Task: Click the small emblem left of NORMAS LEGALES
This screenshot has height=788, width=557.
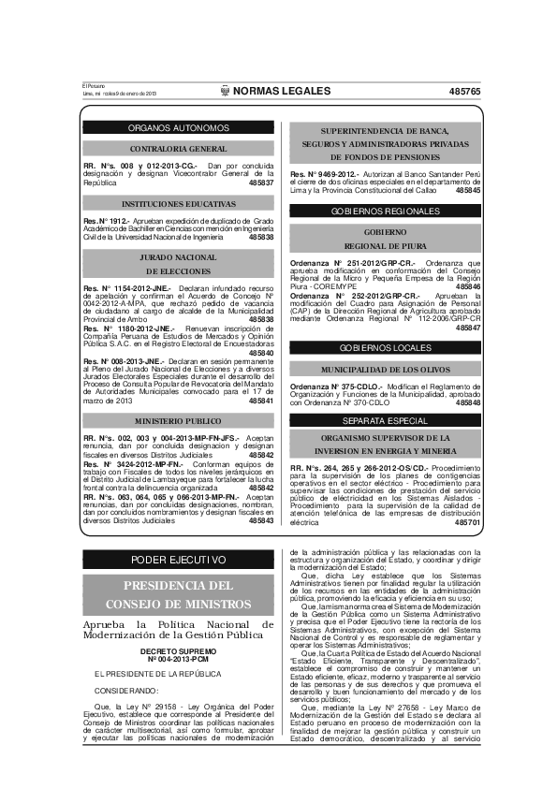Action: pos(225,91)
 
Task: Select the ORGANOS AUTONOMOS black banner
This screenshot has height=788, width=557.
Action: pos(178,127)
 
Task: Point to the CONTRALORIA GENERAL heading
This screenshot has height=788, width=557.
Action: pos(178,149)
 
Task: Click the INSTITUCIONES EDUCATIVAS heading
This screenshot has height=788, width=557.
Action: pos(178,203)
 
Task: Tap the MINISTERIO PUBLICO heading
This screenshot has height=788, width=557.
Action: pos(178,421)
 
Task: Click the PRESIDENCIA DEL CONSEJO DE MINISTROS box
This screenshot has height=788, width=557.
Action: pos(178,594)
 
